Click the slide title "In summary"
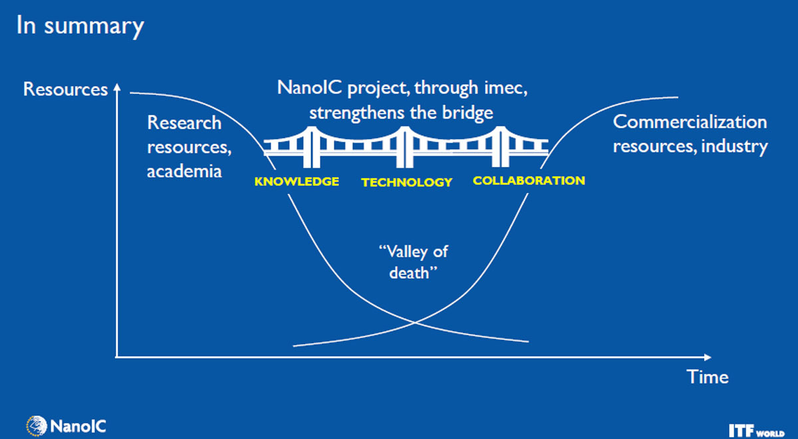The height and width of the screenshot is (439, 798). click(x=80, y=27)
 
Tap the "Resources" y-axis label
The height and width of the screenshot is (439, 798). click(x=65, y=89)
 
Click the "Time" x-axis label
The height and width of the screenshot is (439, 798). click(x=708, y=376)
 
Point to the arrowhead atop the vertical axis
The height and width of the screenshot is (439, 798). click(x=117, y=87)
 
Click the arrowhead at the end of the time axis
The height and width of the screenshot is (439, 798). click(x=707, y=357)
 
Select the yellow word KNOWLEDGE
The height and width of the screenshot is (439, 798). click(x=297, y=182)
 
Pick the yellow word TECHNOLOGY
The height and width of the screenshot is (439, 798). click(x=406, y=182)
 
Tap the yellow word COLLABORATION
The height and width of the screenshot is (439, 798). click(x=529, y=180)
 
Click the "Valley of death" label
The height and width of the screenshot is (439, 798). click(x=413, y=262)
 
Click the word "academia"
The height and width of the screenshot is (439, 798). click(x=184, y=172)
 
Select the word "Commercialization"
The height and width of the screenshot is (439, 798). click(x=690, y=122)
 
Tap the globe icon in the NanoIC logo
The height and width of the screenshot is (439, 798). click(x=37, y=426)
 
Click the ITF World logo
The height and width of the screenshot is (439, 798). click(x=756, y=430)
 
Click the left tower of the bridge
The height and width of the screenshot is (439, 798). click(x=312, y=147)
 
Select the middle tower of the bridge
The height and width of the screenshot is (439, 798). click(x=405, y=147)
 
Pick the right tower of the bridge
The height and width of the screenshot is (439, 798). click(x=501, y=146)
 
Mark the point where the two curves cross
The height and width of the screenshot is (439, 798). click(x=415, y=323)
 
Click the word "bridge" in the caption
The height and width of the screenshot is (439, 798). click(x=467, y=113)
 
